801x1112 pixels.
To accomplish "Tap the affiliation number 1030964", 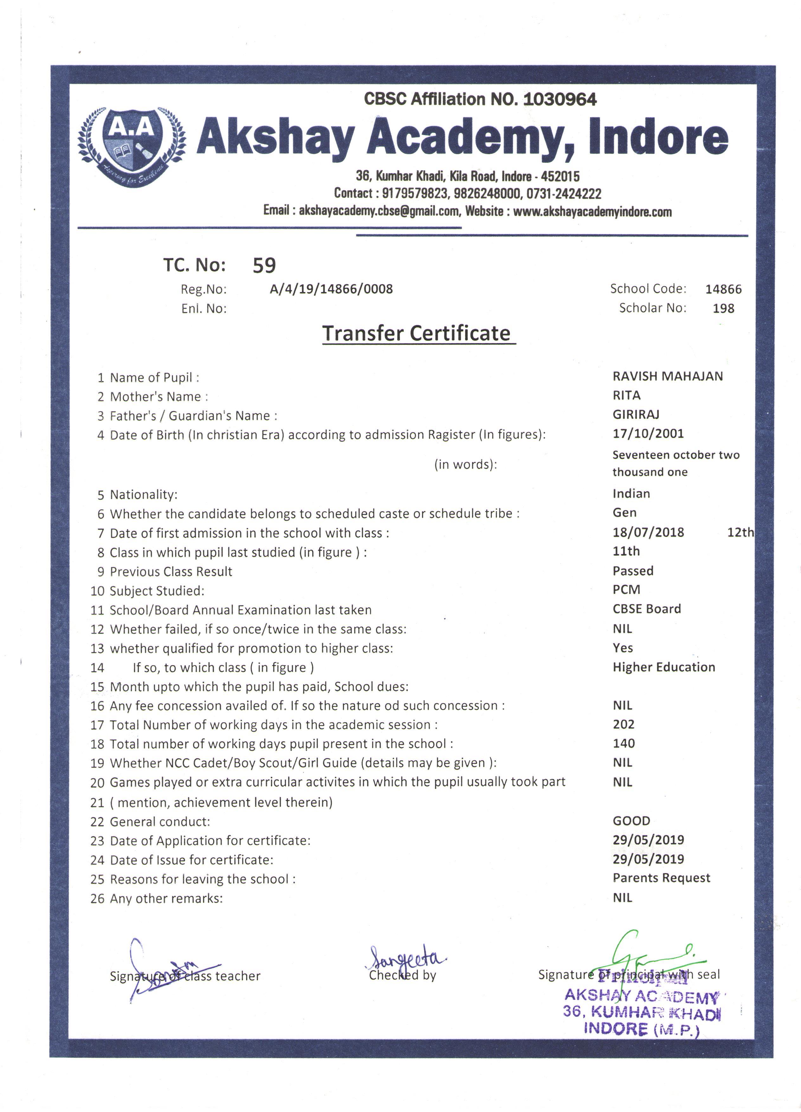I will [x=560, y=100].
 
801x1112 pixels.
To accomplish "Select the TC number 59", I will [x=264, y=265].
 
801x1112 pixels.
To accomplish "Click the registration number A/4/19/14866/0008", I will [x=331, y=289].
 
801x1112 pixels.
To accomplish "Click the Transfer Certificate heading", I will [x=416, y=333].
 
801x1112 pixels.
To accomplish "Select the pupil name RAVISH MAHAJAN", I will [x=667, y=376].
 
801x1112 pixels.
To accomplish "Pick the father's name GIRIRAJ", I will [x=636, y=414].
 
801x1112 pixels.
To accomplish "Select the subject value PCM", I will [x=626, y=589].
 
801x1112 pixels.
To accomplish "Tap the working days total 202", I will [x=623, y=724].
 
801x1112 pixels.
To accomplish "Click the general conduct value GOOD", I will [x=631, y=821].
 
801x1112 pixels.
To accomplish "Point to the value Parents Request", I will [x=661, y=878].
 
